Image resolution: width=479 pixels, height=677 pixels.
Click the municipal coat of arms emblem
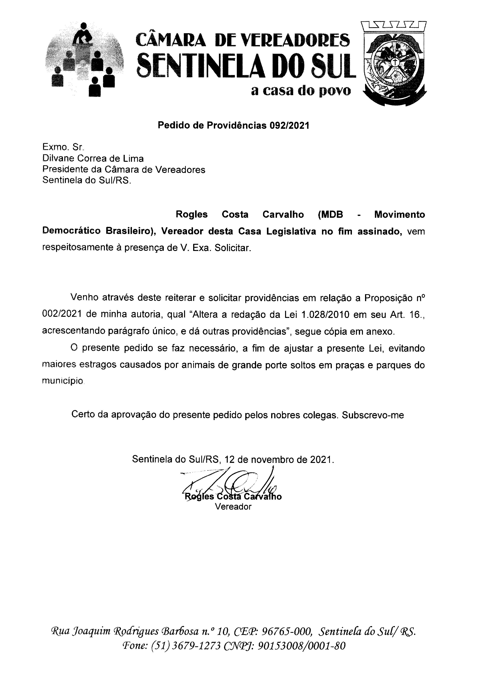394,63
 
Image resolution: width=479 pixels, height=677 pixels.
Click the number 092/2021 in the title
289,126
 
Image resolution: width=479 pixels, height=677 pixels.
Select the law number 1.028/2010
325,315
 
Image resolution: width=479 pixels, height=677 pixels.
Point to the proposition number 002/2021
61,315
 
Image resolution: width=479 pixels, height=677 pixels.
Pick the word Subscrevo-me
373,415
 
